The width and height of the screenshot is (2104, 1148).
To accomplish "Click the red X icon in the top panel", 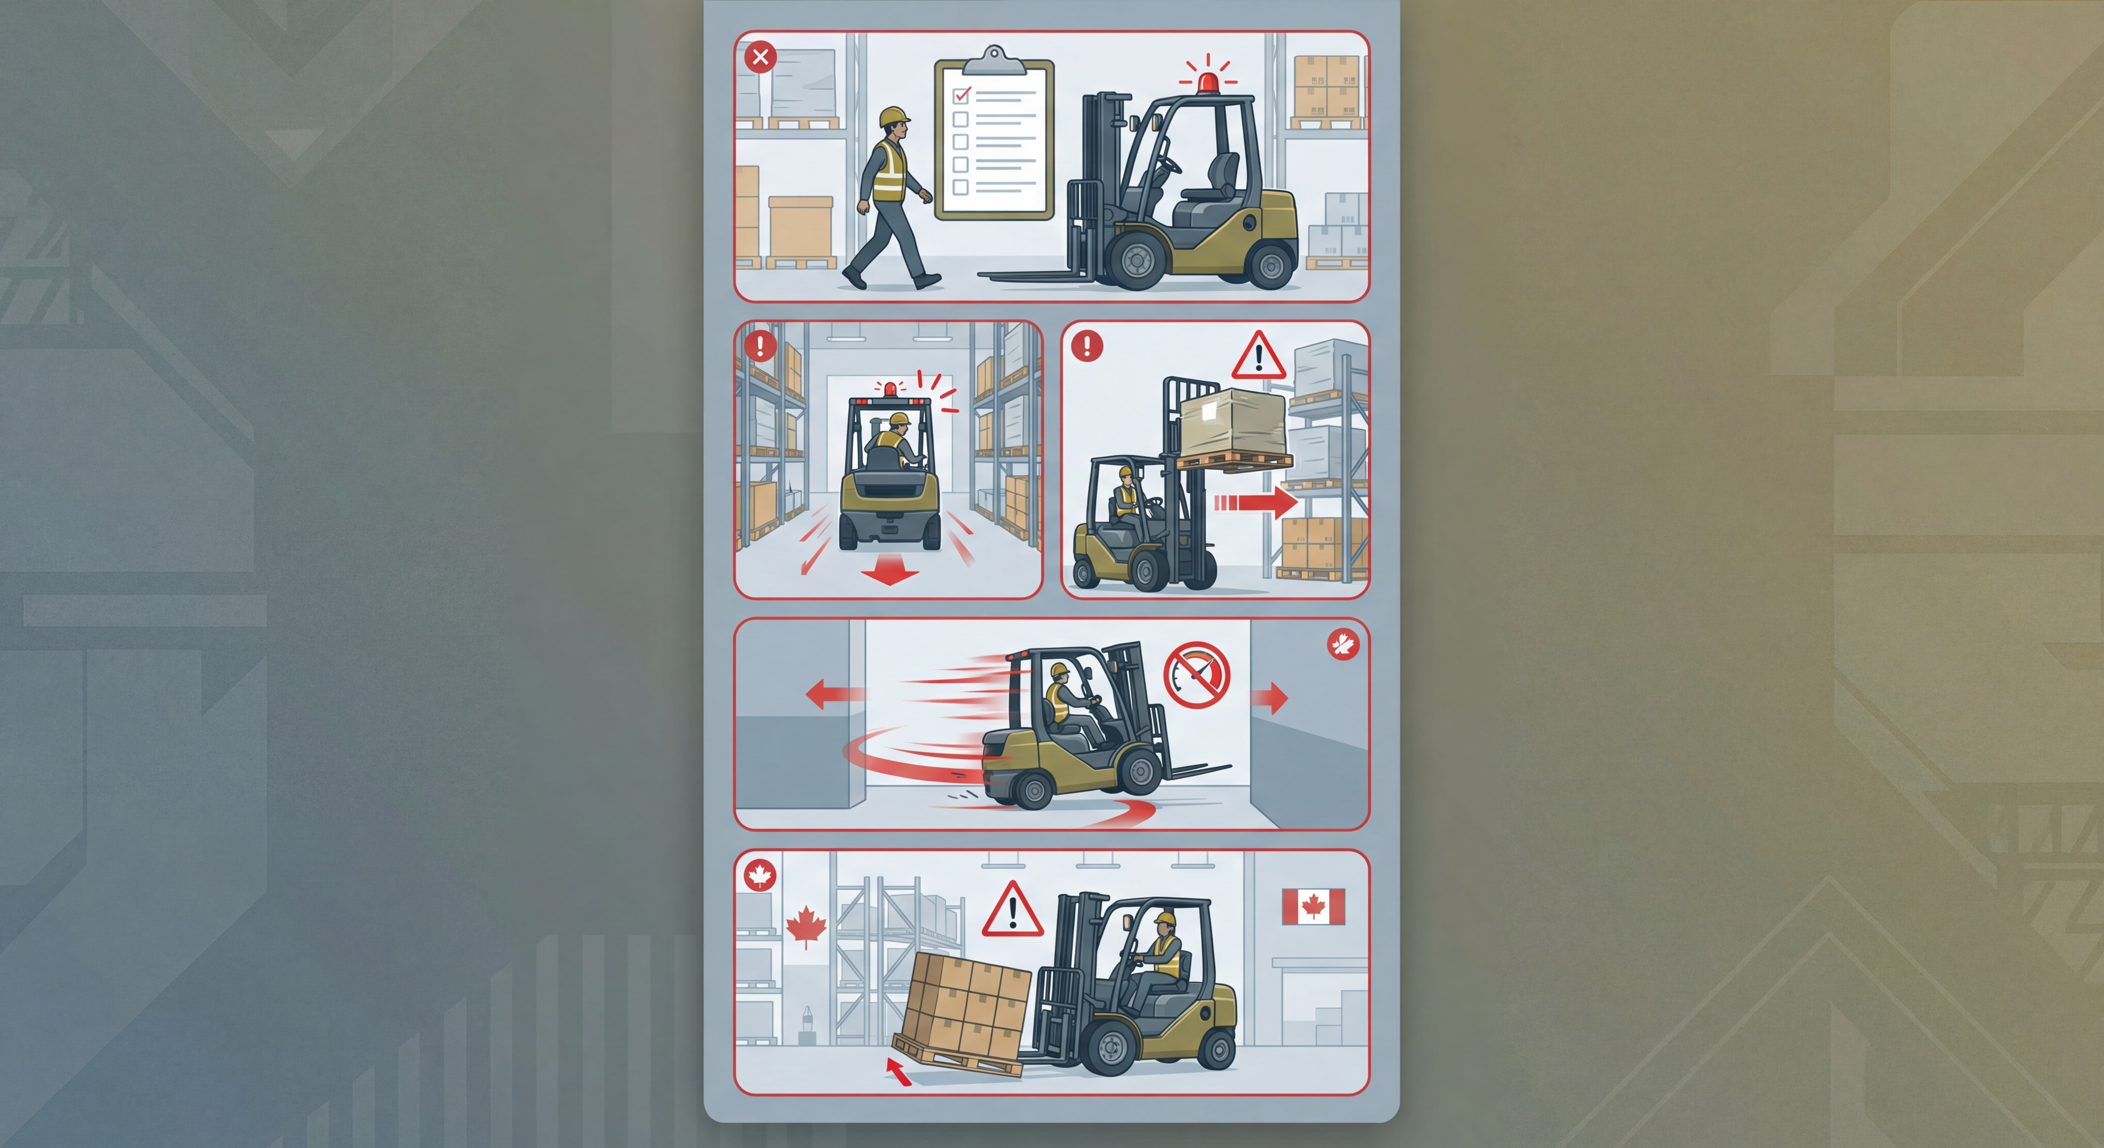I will (760, 57).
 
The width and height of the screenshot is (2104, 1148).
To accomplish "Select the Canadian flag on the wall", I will (1312, 906).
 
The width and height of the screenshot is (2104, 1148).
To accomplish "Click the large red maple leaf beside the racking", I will (805, 926).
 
